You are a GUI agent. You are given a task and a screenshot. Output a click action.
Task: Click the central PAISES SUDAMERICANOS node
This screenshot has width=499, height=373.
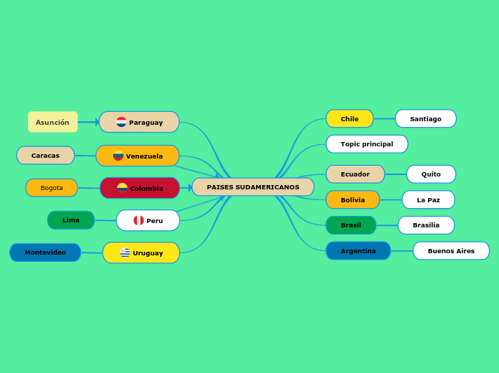(252, 187)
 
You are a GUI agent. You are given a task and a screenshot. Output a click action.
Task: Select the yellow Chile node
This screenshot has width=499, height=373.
(349, 118)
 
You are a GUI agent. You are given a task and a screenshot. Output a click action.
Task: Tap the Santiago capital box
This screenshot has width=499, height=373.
(425, 118)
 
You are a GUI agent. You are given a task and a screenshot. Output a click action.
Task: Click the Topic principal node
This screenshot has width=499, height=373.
(366, 144)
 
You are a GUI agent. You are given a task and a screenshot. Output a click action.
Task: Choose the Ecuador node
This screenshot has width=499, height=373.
(355, 174)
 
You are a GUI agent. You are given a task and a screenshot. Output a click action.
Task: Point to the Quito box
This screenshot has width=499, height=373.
(431, 174)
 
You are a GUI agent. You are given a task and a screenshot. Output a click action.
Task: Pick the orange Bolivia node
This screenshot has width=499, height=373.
(352, 200)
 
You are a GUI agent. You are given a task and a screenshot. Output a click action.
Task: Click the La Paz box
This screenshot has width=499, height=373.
(428, 200)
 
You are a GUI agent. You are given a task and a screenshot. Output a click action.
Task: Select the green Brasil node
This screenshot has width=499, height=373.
(351, 225)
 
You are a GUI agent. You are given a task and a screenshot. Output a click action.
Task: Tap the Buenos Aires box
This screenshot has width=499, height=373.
(451, 251)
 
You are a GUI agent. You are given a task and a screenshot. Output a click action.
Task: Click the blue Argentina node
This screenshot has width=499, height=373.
(358, 251)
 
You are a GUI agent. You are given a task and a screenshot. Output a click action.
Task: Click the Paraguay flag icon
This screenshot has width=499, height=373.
(121, 122)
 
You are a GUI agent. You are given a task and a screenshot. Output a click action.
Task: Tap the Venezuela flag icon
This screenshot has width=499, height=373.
(118, 156)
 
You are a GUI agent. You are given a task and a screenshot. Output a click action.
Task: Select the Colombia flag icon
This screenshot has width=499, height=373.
(122, 188)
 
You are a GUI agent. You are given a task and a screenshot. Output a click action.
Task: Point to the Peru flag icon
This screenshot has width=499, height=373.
(138, 220)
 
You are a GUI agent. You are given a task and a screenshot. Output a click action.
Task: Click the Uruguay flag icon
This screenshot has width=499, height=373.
(125, 252)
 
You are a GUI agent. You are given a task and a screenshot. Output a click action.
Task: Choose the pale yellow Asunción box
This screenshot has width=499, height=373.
(52, 122)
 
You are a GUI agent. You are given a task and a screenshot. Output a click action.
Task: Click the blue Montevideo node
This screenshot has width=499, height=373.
(45, 252)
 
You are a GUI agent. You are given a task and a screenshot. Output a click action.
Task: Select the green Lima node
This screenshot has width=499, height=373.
(71, 220)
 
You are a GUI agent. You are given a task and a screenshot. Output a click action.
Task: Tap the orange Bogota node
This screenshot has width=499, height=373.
(52, 188)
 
